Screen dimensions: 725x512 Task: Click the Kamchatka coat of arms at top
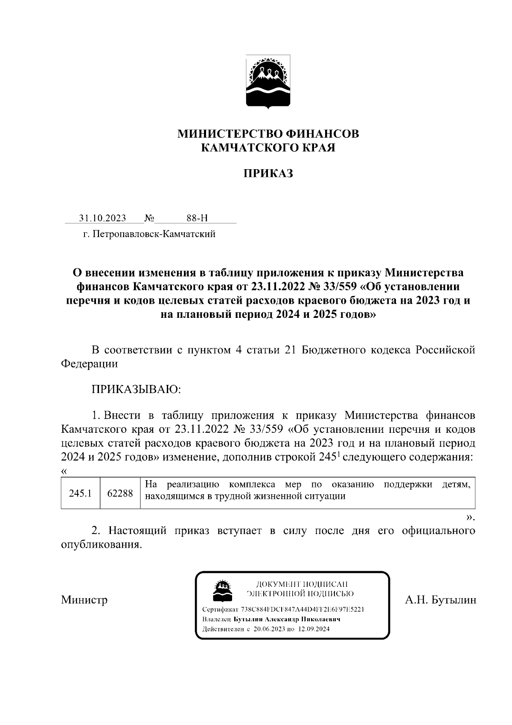[x=268, y=82]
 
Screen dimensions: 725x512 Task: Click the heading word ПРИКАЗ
[x=268, y=174]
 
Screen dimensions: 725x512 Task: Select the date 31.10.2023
[x=102, y=218]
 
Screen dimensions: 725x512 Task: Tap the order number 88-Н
[x=197, y=218]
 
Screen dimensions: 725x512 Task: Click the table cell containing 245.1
[x=81, y=493]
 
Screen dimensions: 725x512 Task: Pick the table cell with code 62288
[x=120, y=493]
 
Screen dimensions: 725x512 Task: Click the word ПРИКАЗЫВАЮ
[x=136, y=389]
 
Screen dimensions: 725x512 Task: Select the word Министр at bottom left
[x=84, y=600]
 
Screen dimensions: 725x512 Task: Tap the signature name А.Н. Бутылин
[x=440, y=600]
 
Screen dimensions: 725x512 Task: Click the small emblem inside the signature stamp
[x=222, y=590]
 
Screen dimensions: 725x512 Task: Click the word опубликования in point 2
[x=101, y=545]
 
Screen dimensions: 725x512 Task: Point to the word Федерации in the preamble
[x=89, y=364]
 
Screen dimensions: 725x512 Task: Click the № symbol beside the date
[x=149, y=218]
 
